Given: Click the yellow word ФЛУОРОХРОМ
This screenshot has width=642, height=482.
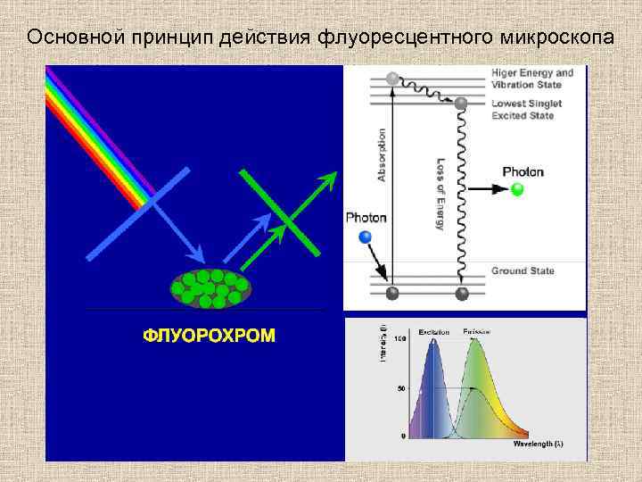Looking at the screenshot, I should pos(210,336).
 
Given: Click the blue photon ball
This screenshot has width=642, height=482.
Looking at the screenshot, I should pos(364,237).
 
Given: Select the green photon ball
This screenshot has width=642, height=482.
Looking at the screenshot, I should pos(516,189).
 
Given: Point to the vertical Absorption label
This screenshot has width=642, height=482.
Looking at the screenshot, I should pos(383,156).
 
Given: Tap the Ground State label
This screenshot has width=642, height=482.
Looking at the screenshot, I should pos(523,271).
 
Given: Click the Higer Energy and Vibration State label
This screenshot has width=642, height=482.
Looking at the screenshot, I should pos(532,79).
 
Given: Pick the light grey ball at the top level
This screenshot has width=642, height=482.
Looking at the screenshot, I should pos(390,78).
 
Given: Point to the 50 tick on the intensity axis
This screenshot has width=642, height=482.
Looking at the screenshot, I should pos(402,388).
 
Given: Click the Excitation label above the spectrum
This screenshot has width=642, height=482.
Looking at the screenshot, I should pos(433,331).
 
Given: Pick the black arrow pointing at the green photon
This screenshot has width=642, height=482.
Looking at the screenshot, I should pos(485,189).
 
